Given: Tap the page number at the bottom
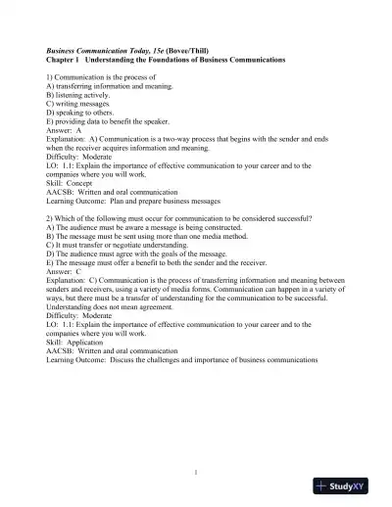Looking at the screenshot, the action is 197,473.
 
